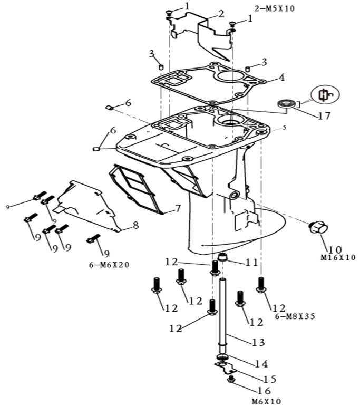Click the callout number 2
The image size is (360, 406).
tap(206, 13)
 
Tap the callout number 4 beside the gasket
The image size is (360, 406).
tap(281, 78)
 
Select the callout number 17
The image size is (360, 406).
tap(324, 115)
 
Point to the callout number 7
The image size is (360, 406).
tap(178, 208)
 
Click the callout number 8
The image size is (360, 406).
tap(135, 226)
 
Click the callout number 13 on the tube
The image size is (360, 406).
tap(258, 342)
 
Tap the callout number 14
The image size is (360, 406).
tap(261, 363)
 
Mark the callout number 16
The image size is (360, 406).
tap(264, 391)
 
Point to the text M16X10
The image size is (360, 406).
tap(338, 258)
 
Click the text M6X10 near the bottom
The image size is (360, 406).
tap(266, 401)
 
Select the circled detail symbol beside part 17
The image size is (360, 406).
tap(325, 95)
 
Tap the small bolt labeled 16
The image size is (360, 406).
tap(231, 380)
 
